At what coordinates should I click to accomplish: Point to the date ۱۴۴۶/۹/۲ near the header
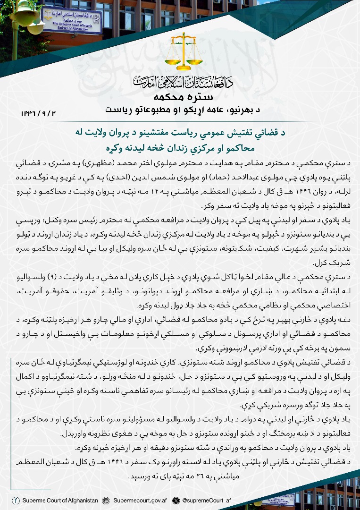(38, 113)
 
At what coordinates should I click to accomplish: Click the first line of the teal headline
(180, 134)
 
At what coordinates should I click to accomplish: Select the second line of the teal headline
(180, 147)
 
